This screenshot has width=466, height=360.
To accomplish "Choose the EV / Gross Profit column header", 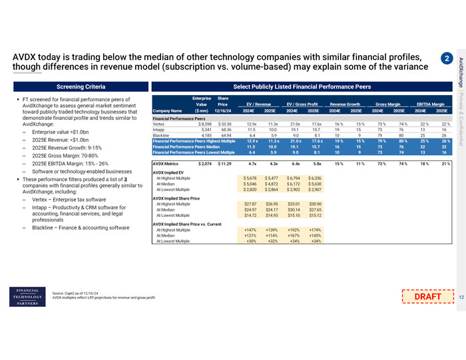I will [305, 104].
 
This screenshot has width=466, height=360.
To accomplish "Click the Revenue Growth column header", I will [348, 104].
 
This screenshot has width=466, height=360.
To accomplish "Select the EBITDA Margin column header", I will [431, 104].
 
